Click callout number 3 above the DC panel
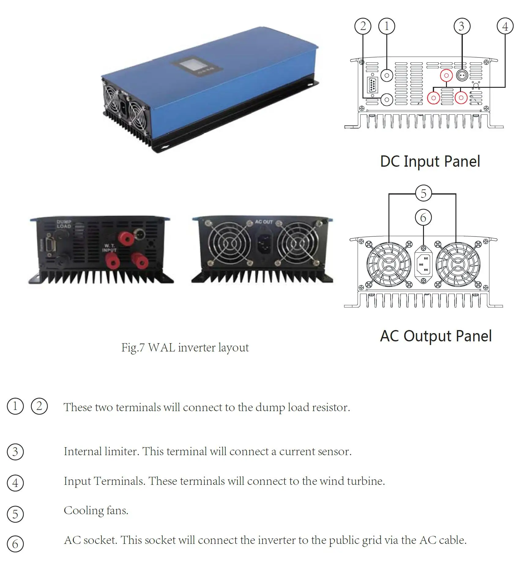(462, 26)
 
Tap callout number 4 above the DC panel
(505, 26)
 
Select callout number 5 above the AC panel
(423, 193)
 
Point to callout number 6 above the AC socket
(423, 217)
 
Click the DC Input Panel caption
(430, 162)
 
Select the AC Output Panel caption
(436, 336)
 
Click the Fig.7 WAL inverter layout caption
(185, 348)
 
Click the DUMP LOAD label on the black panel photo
(64, 224)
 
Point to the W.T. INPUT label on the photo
(109, 248)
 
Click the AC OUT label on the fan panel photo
(264, 222)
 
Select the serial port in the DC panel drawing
(372, 85)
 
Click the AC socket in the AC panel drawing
(423, 264)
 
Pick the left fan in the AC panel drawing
(389, 264)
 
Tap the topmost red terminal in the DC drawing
(446, 75)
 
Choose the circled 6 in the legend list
(15, 544)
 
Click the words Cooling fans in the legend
(96, 511)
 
